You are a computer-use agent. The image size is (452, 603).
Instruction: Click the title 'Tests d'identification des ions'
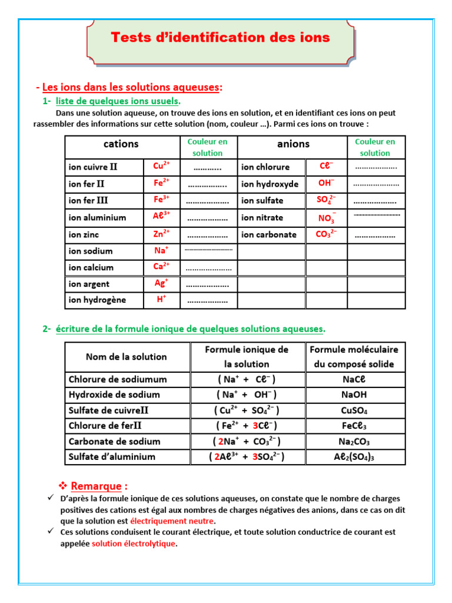[221, 38]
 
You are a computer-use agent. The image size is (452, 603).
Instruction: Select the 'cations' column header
[121, 144]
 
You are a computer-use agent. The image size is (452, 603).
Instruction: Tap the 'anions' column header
[293, 144]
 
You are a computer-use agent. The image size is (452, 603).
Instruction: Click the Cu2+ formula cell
[162, 166]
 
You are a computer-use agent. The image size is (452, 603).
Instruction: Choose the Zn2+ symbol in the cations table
[162, 234]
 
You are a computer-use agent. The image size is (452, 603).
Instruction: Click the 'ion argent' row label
[89, 284]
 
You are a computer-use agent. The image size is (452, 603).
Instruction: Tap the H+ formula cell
[161, 300]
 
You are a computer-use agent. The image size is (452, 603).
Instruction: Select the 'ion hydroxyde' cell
[270, 184]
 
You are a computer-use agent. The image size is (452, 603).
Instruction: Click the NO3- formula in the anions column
[325, 218]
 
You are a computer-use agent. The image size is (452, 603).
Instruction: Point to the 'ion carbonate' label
[269, 234]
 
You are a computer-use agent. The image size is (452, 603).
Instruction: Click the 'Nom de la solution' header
[127, 357]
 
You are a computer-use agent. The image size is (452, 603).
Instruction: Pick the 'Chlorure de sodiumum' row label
[118, 379]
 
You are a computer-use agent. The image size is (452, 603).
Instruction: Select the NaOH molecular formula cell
[355, 395]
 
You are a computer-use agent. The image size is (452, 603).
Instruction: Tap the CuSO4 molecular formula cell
[355, 410]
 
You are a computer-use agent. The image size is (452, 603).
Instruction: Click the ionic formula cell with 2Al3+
[247, 457]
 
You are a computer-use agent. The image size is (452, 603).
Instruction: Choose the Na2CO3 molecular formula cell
[355, 442]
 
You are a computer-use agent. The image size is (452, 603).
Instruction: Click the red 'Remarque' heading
[99, 486]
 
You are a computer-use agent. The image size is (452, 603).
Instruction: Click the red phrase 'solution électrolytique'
[134, 544]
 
